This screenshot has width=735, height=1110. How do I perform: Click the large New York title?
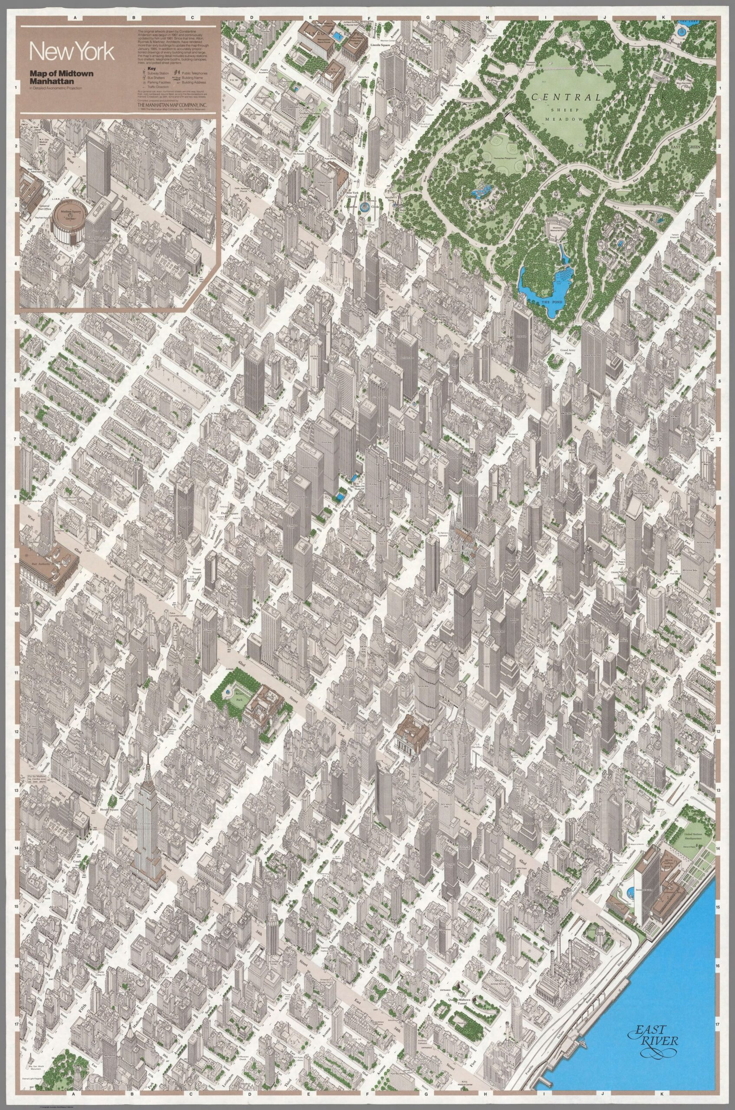pyautogui.click(x=72, y=52)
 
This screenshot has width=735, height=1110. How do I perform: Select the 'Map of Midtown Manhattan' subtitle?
pyautogui.click(x=61, y=78)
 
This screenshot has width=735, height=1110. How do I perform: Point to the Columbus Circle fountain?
pyautogui.click(x=364, y=208)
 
